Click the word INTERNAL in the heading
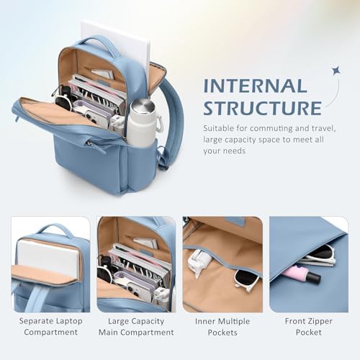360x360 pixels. click(x=256, y=86)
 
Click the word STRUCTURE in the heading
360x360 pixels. click(x=262, y=108)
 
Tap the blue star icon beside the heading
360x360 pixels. click(x=336, y=70)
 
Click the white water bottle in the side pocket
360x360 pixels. click(x=142, y=122)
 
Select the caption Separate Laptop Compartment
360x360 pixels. click(x=50, y=326)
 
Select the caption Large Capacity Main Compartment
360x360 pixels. click(x=136, y=326)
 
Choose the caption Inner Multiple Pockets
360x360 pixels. click(x=222, y=327)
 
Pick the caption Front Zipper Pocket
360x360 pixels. click(x=309, y=326)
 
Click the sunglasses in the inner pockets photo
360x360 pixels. click(x=247, y=279)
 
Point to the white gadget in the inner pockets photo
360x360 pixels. click(x=200, y=261)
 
